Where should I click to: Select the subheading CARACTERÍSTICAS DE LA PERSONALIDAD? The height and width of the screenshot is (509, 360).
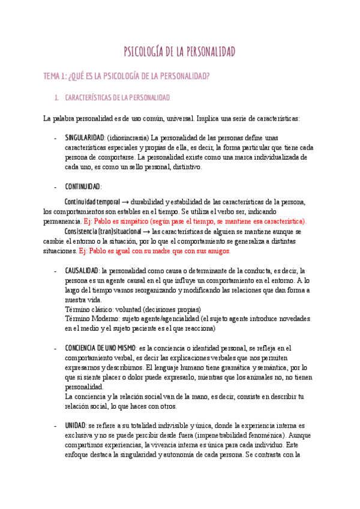click(x=118, y=97)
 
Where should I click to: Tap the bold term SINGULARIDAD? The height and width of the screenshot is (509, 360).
click(x=85, y=137)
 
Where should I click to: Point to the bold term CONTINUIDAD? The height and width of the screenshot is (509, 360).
click(x=83, y=187)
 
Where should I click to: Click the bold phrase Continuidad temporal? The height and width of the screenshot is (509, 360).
click(x=92, y=201)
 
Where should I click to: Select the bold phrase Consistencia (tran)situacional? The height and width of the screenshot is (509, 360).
click(x=103, y=231)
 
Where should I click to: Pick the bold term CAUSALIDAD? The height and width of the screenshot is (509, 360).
click(x=82, y=271)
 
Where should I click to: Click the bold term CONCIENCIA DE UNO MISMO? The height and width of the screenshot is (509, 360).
click(x=100, y=348)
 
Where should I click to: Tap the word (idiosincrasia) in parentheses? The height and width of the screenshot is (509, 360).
click(x=128, y=137)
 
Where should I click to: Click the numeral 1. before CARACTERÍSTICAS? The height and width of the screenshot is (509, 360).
click(x=56, y=97)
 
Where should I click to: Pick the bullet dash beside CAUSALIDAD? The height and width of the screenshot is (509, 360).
click(x=56, y=271)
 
